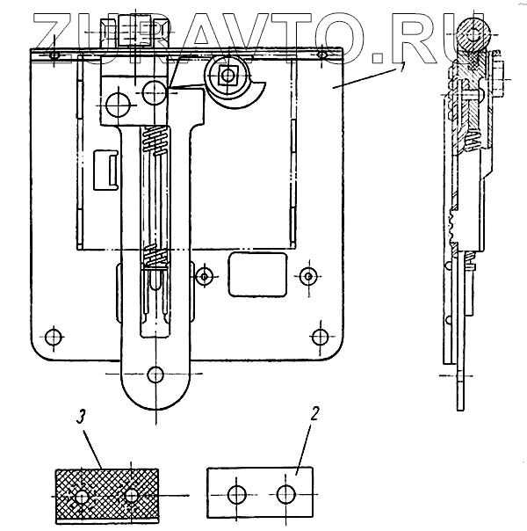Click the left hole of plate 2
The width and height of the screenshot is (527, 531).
click(x=236, y=494)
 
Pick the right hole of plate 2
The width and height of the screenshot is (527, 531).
click(x=285, y=494)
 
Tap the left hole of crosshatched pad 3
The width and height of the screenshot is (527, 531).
click(x=82, y=497)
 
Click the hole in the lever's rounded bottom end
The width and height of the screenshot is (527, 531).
click(x=155, y=374)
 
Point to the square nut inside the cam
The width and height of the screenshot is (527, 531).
click(x=229, y=76)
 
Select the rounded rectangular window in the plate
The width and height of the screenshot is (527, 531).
click(x=256, y=273)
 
